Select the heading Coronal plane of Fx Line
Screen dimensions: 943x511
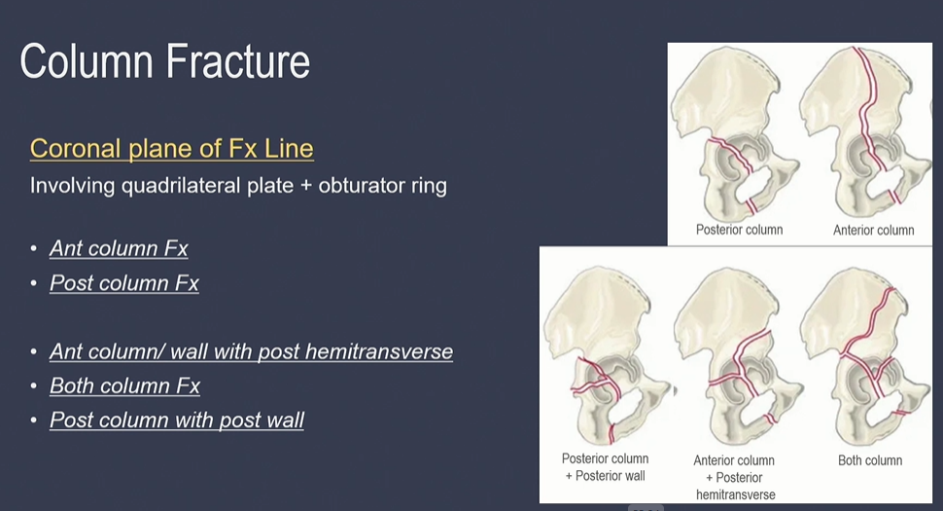coord(171,148)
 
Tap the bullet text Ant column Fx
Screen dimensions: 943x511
coord(119,248)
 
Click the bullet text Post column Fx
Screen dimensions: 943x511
coord(124,283)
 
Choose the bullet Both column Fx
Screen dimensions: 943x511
coord(124,385)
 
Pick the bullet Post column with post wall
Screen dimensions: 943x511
coord(177,420)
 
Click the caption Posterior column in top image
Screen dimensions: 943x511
coord(739,231)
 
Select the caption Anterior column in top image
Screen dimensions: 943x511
coord(873,231)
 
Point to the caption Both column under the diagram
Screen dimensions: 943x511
coord(870,460)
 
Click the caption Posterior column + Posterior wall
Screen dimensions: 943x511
coord(605,467)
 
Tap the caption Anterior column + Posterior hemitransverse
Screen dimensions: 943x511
coord(734,477)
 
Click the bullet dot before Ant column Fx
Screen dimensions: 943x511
coord(35,249)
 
